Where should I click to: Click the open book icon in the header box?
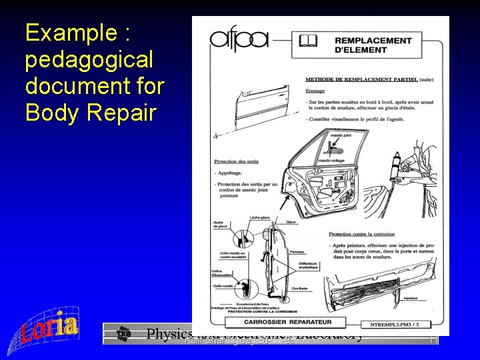[308, 41]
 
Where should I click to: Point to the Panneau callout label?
[297, 252]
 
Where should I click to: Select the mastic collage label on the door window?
[331, 160]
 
